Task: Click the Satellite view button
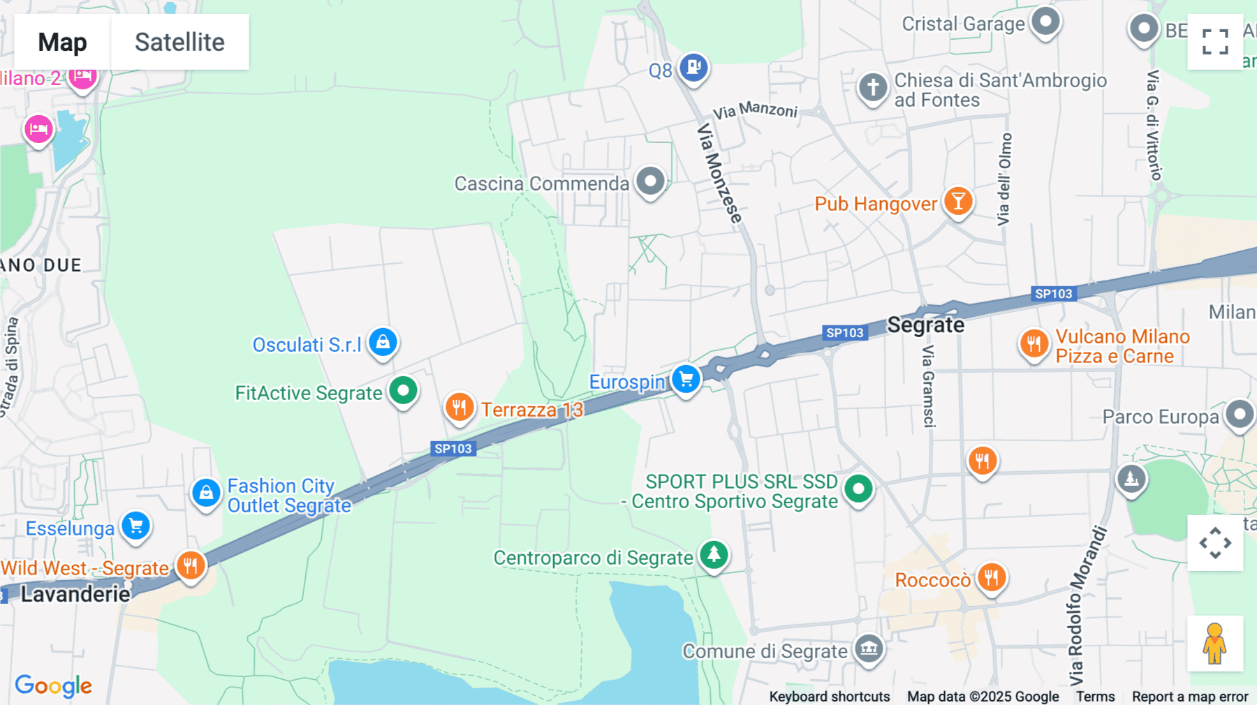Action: [x=179, y=42]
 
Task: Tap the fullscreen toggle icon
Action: [x=1215, y=42]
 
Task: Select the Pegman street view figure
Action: [x=1215, y=644]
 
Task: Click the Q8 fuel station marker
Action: [x=693, y=68]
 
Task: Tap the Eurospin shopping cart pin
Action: [x=686, y=379]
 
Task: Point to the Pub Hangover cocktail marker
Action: [x=958, y=202]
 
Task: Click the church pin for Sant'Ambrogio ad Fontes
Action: [x=873, y=88]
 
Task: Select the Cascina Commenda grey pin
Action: [x=651, y=181]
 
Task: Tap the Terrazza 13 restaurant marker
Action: [x=460, y=407]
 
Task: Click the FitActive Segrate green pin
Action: [x=403, y=391]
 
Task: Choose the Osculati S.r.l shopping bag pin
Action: [x=383, y=342]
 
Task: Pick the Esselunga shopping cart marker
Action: [x=136, y=526]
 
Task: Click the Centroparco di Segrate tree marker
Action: [x=714, y=556]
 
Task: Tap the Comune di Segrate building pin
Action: [x=869, y=649]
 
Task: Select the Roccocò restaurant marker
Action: [x=991, y=577]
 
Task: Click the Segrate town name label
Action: [x=925, y=325]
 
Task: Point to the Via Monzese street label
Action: [x=719, y=174]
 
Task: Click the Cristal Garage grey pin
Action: [x=1045, y=22]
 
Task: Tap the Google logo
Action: [x=54, y=686]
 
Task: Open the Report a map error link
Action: [x=1190, y=697]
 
